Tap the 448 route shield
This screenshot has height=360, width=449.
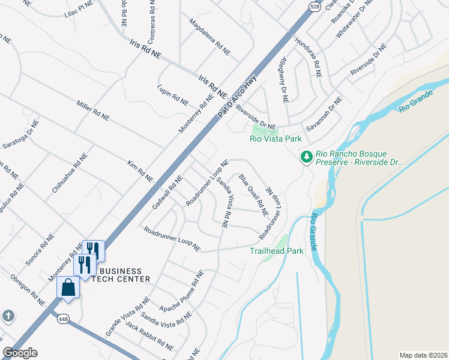click(x=62, y=320)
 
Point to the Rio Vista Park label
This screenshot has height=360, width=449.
click(x=276, y=139)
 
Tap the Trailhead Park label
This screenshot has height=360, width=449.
click(x=277, y=251)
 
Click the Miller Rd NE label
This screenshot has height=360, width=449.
click(x=93, y=110)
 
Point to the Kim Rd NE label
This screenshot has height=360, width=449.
click(x=140, y=172)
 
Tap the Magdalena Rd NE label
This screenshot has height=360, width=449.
click(x=209, y=37)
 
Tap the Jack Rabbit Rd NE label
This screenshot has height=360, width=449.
click(x=149, y=336)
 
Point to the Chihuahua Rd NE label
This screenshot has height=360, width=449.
click(x=69, y=172)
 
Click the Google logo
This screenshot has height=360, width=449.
click(x=20, y=353)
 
